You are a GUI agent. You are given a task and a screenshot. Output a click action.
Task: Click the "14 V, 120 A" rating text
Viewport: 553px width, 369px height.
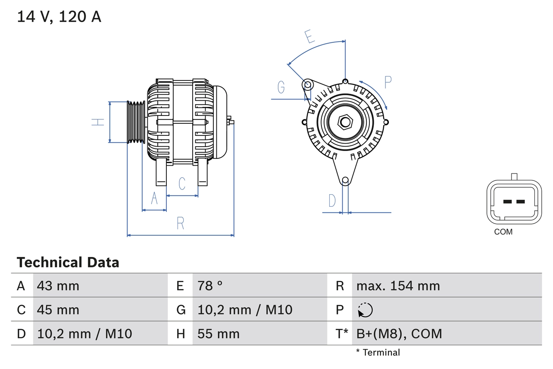tap(59, 17)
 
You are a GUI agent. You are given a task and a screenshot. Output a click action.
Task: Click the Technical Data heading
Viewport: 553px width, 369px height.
tap(68, 262)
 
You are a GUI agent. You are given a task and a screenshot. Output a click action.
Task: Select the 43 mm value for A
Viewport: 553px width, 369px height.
tap(58, 286)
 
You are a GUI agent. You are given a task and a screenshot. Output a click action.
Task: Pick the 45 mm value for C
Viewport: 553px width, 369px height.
tap(58, 310)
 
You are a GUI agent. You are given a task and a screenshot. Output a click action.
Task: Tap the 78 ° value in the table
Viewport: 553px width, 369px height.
tap(210, 286)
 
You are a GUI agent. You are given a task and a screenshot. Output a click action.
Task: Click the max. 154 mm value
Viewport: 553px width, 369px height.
tap(398, 286)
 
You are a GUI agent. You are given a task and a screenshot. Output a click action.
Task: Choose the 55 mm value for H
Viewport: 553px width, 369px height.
tap(218, 334)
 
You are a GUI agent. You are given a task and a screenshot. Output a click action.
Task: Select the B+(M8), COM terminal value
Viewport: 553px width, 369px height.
tap(399, 334)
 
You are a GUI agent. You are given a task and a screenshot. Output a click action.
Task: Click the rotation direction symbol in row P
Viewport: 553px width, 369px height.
tap(365, 310)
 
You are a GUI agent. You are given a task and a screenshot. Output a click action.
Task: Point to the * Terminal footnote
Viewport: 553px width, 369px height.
tap(378, 353)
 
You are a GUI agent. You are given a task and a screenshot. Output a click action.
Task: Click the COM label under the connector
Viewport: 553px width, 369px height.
tap(503, 232)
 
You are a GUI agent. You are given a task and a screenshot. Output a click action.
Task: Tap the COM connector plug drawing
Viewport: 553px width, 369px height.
tap(514, 202)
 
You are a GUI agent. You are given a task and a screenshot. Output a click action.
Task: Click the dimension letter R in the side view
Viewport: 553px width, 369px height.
tap(181, 223)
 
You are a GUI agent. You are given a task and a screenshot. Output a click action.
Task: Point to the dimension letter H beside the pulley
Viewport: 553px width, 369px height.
tap(99, 122)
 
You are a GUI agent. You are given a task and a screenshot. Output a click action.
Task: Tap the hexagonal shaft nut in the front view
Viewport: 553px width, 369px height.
tap(345, 122)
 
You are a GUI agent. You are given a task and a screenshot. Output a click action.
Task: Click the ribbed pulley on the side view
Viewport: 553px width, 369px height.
tap(136, 122)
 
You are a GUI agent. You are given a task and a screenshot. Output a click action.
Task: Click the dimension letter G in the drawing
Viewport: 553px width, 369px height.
tap(281, 87)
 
